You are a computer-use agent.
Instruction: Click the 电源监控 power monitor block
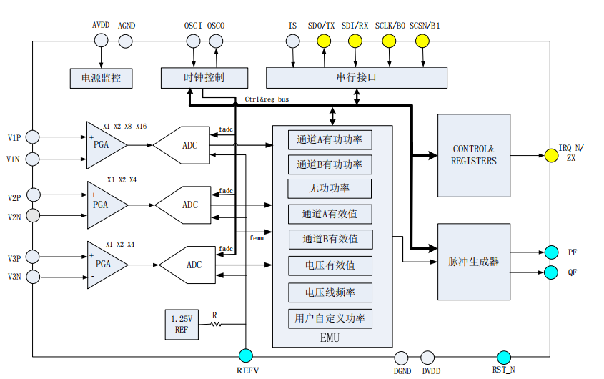(x=101, y=77)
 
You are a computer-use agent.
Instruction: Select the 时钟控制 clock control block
(x=204, y=77)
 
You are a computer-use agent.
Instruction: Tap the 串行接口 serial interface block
(x=356, y=77)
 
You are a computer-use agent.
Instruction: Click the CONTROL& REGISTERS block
(x=473, y=155)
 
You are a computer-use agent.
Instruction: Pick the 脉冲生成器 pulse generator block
(x=473, y=262)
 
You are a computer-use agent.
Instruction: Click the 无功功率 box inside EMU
(x=330, y=189)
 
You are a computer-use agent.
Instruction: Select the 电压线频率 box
(x=330, y=292)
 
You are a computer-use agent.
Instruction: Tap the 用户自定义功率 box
(x=330, y=318)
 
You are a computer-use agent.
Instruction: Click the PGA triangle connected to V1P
(x=104, y=145)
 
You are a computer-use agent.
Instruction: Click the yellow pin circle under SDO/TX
(x=325, y=41)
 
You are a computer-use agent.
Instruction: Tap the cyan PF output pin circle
(x=551, y=252)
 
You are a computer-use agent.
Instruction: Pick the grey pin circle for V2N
(x=33, y=215)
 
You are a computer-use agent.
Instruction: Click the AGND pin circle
(x=126, y=41)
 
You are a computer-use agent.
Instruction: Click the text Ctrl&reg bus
(x=267, y=99)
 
